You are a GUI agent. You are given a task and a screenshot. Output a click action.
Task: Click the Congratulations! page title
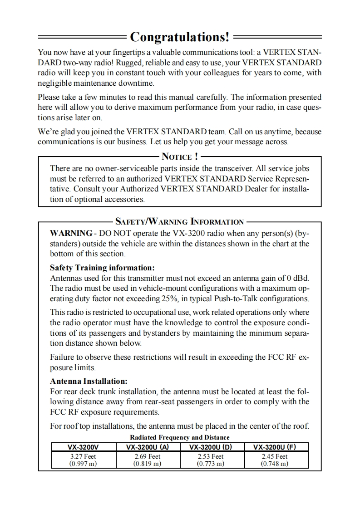coord(180,36)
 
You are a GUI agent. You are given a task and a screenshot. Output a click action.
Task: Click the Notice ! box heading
coord(180,157)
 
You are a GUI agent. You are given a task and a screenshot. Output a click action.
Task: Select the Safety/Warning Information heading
coord(180,222)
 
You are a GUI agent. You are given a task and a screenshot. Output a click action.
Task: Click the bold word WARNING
coord(70,233)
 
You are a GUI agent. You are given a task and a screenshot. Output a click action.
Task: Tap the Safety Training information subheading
coord(102,268)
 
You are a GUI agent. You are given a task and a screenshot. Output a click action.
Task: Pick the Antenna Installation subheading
coord(89,381)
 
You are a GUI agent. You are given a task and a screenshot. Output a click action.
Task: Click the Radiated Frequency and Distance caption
coord(180,437)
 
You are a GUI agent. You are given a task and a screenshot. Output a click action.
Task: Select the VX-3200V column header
coord(83,446)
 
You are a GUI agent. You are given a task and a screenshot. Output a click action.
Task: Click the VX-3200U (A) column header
coord(148,446)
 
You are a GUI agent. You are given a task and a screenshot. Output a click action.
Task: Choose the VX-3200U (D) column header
coord(212,446)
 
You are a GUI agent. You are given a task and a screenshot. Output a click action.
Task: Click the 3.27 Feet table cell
coord(83,456)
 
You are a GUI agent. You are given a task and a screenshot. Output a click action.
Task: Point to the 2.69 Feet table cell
coord(148,456)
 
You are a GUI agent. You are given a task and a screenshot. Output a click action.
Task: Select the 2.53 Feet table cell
coord(212,456)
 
